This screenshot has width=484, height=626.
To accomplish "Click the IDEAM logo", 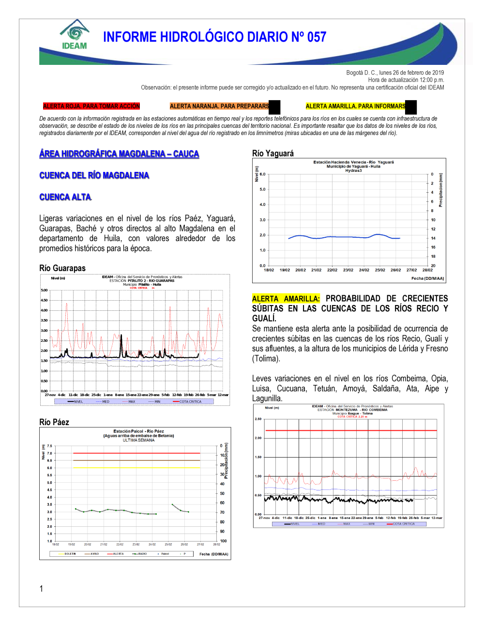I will point(75,35).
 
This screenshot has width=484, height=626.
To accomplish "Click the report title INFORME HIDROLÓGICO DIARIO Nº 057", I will point(214,37).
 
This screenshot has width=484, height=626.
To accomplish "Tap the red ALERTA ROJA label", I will point(91,106).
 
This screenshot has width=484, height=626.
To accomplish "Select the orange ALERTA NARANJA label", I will point(219,106).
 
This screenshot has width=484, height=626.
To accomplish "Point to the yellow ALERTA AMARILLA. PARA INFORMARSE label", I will point(356,106).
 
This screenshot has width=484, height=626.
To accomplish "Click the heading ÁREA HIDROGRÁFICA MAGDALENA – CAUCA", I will point(119,154).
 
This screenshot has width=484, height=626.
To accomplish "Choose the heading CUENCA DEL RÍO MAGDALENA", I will point(94,175).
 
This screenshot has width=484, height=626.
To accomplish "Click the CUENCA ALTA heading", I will point(65,197).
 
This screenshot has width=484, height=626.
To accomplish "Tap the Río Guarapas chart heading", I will point(62,268).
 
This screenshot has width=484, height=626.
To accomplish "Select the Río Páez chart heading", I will point(54,422).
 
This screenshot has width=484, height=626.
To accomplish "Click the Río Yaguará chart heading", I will point(273,153).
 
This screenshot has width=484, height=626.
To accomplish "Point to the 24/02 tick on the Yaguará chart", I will point(364,270).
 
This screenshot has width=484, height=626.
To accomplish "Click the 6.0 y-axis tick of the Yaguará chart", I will point(262,174).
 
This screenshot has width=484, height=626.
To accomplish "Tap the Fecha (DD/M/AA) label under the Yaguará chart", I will point(427,278).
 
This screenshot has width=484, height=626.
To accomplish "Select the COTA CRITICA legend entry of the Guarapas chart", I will point(190,401).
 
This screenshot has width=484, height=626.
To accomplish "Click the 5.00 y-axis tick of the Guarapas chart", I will point(44,290).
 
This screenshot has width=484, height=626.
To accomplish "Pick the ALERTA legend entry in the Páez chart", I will point(118,554).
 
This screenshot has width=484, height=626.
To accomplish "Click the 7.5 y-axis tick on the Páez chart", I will point(49,446).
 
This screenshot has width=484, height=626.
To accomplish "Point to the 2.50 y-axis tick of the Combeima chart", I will point(258,419).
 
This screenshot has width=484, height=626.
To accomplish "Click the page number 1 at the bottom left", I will point(41,589).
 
